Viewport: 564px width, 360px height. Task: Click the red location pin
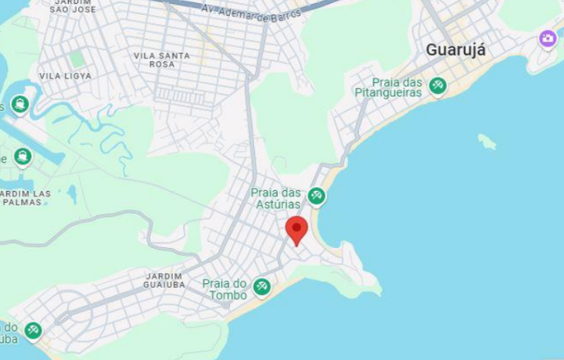click(296, 229)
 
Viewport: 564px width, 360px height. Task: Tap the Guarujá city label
click(455, 50)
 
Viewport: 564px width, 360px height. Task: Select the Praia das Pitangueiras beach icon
click(437, 86)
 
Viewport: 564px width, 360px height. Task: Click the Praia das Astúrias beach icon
click(316, 196)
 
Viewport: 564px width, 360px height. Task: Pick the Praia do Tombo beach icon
click(262, 287)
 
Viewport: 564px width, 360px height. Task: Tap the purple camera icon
click(548, 38)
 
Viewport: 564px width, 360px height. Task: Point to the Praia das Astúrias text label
click(275, 199)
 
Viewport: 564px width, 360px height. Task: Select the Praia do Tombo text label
click(225, 289)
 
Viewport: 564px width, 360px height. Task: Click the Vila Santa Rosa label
click(161, 59)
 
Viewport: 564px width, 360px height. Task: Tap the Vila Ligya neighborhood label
click(65, 76)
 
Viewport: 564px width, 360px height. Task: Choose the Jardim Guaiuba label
click(163, 280)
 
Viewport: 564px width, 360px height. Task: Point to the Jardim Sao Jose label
click(72, 7)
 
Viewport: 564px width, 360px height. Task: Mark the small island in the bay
click(487, 142)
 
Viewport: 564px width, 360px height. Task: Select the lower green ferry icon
click(23, 157)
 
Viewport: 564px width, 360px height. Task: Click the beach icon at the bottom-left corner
click(32, 331)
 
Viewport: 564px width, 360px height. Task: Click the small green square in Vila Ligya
click(77, 59)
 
